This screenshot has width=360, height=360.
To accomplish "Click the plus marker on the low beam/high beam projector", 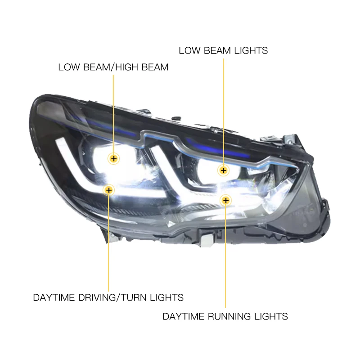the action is click(114, 158).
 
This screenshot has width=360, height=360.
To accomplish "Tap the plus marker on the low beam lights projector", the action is click(224, 170).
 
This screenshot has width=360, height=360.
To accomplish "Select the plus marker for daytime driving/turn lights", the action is click(108, 190).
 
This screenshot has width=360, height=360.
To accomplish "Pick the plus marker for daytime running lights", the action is click(225, 200).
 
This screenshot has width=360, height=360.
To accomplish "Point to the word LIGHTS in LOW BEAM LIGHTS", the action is click(251, 50).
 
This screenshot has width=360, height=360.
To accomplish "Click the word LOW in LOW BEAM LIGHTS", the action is click(189, 50).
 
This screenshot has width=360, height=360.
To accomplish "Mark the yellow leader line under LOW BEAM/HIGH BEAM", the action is click(114, 112).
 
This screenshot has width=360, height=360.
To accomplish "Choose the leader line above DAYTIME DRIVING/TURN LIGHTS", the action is click(108, 243).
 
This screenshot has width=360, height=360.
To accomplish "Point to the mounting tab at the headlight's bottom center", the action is click(207, 238).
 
